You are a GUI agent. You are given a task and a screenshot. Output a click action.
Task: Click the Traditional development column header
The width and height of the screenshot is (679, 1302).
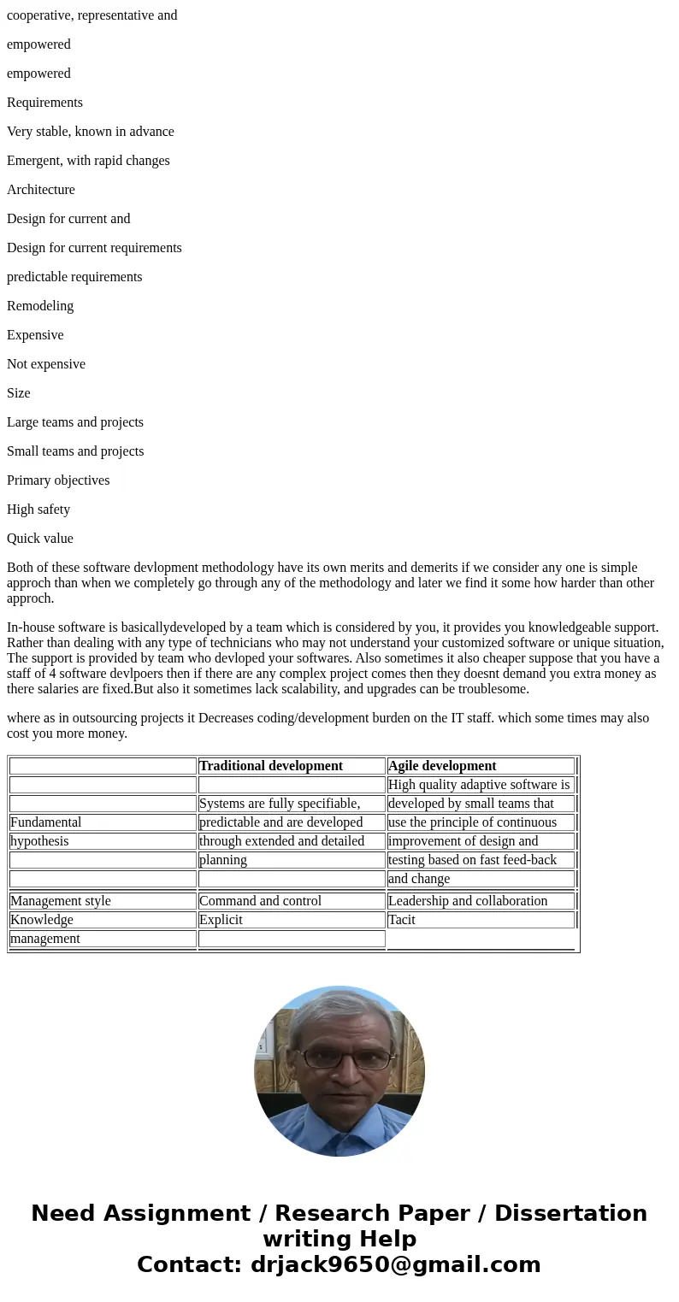pyautogui.click(x=270, y=766)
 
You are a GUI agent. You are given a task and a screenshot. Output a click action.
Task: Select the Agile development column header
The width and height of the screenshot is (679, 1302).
pyautogui.click(x=441, y=766)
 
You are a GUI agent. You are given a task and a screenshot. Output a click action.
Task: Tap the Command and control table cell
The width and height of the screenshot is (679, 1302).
pyautogui.click(x=260, y=901)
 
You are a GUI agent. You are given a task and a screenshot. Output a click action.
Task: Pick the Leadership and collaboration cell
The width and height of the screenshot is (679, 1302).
pyautogui.click(x=467, y=901)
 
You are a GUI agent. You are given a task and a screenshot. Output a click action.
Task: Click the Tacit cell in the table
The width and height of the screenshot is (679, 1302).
pyautogui.click(x=401, y=920)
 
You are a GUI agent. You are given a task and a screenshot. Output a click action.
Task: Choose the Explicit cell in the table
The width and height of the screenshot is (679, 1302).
pyautogui.click(x=221, y=920)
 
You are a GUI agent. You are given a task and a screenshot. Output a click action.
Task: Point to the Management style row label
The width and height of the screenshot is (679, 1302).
pyautogui.click(x=60, y=901)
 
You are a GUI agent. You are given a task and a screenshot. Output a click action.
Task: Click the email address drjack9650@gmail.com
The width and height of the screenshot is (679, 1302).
pyautogui.click(x=395, y=1264)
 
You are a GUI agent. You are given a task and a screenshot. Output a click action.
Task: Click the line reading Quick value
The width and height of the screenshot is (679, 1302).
pyautogui.click(x=40, y=539)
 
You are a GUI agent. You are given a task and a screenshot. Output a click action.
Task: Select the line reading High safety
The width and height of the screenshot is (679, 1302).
pyautogui.click(x=38, y=510)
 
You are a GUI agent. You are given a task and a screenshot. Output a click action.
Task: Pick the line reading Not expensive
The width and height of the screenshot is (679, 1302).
pyautogui.click(x=46, y=364)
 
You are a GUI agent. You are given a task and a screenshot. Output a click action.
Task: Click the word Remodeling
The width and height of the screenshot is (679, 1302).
pyautogui.click(x=40, y=306)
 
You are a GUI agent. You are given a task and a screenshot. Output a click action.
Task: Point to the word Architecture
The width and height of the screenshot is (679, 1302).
pyautogui.click(x=41, y=190)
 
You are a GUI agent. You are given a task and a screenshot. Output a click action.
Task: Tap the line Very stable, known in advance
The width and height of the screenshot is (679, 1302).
pyautogui.click(x=90, y=132)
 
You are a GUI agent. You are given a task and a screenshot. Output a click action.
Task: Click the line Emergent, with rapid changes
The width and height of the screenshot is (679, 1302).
pyautogui.click(x=88, y=161)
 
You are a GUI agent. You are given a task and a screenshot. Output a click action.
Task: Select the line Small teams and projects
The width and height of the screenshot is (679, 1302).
pyautogui.click(x=75, y=451)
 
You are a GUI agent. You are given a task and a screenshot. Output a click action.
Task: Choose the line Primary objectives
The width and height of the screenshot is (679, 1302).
pyautogui.click(x=58, y=480)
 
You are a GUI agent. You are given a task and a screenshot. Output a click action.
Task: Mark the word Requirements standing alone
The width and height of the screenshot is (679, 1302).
pyautogui.click(x=44, y=103)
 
